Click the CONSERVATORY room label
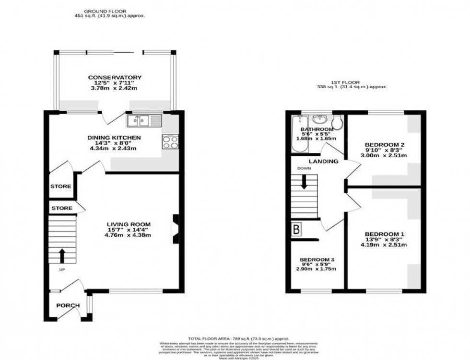pos(115,77)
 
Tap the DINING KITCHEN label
pos(114,138)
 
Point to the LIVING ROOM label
pos(129,224)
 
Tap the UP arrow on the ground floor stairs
pos(62,256)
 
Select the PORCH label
pos(67,305)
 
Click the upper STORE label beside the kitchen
pos(61,186)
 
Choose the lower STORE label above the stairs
pos(62,208)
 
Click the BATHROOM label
pos(317,129)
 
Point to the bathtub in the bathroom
pos(295,134)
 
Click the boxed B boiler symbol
pos(296,230)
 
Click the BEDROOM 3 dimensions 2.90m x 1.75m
pos(316,269)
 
